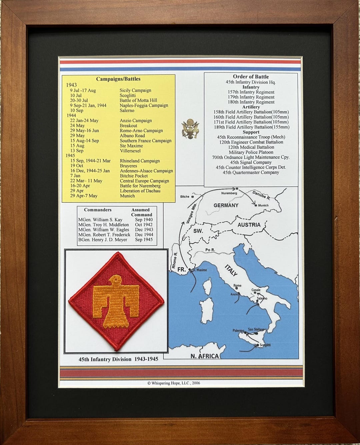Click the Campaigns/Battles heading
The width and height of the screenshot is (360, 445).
[118, 79]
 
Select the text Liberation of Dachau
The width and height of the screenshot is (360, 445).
[140, 191]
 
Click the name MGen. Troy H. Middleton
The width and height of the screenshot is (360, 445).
[103, 225]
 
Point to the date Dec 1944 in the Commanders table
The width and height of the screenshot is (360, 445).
[144, 235]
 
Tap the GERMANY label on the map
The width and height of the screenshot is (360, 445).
[226, 205]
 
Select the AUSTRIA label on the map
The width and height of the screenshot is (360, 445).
[249, 225]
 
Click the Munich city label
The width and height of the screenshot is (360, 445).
[263, 205]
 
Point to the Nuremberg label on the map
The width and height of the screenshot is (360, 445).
[229, 193]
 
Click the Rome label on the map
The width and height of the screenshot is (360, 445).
[237, 286]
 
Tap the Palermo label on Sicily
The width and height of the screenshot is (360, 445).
[238, 331]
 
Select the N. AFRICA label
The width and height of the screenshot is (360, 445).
[204, 356]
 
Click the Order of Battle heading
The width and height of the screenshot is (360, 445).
[251, 77]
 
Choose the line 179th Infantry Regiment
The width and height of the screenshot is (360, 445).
[251, 97]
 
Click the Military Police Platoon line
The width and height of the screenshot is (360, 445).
[251, 152]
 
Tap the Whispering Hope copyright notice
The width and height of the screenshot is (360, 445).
[174, 383]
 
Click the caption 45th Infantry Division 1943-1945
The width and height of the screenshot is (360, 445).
[118, 359]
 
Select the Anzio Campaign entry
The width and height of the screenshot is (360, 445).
[136, 121]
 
